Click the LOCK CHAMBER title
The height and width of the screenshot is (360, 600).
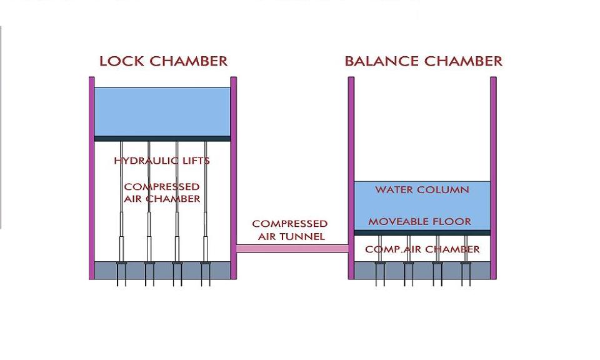[x=163, y=61]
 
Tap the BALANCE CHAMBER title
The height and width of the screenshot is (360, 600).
[x=423, y=61]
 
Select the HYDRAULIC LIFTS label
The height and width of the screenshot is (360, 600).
[x=162, y=161]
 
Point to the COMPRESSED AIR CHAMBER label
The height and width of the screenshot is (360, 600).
[x=162, y=192]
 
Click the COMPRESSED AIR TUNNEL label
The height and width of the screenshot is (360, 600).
[x=289, y=229]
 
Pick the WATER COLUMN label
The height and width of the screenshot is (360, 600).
[x=422, y=189]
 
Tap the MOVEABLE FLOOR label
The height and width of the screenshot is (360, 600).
[x=419, y=221]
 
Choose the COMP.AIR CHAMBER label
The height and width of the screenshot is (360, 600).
[x=422, y=249]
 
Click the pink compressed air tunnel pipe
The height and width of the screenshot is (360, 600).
[x=292, y=249]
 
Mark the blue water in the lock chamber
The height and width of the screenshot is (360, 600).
[x=162, y=111]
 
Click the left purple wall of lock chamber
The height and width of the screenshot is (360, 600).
[x=91, y=178]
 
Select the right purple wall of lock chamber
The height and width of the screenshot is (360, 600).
[x=234, y=178]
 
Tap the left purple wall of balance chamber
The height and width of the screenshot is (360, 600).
[x=351, y=178]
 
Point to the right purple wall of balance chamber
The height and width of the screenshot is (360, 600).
[x=493, y=178]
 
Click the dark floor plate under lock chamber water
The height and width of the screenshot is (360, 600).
[x=162, y=139]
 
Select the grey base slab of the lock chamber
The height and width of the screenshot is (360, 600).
[x=162, y=271]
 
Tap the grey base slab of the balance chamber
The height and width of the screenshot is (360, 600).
[x=422, y=271]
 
